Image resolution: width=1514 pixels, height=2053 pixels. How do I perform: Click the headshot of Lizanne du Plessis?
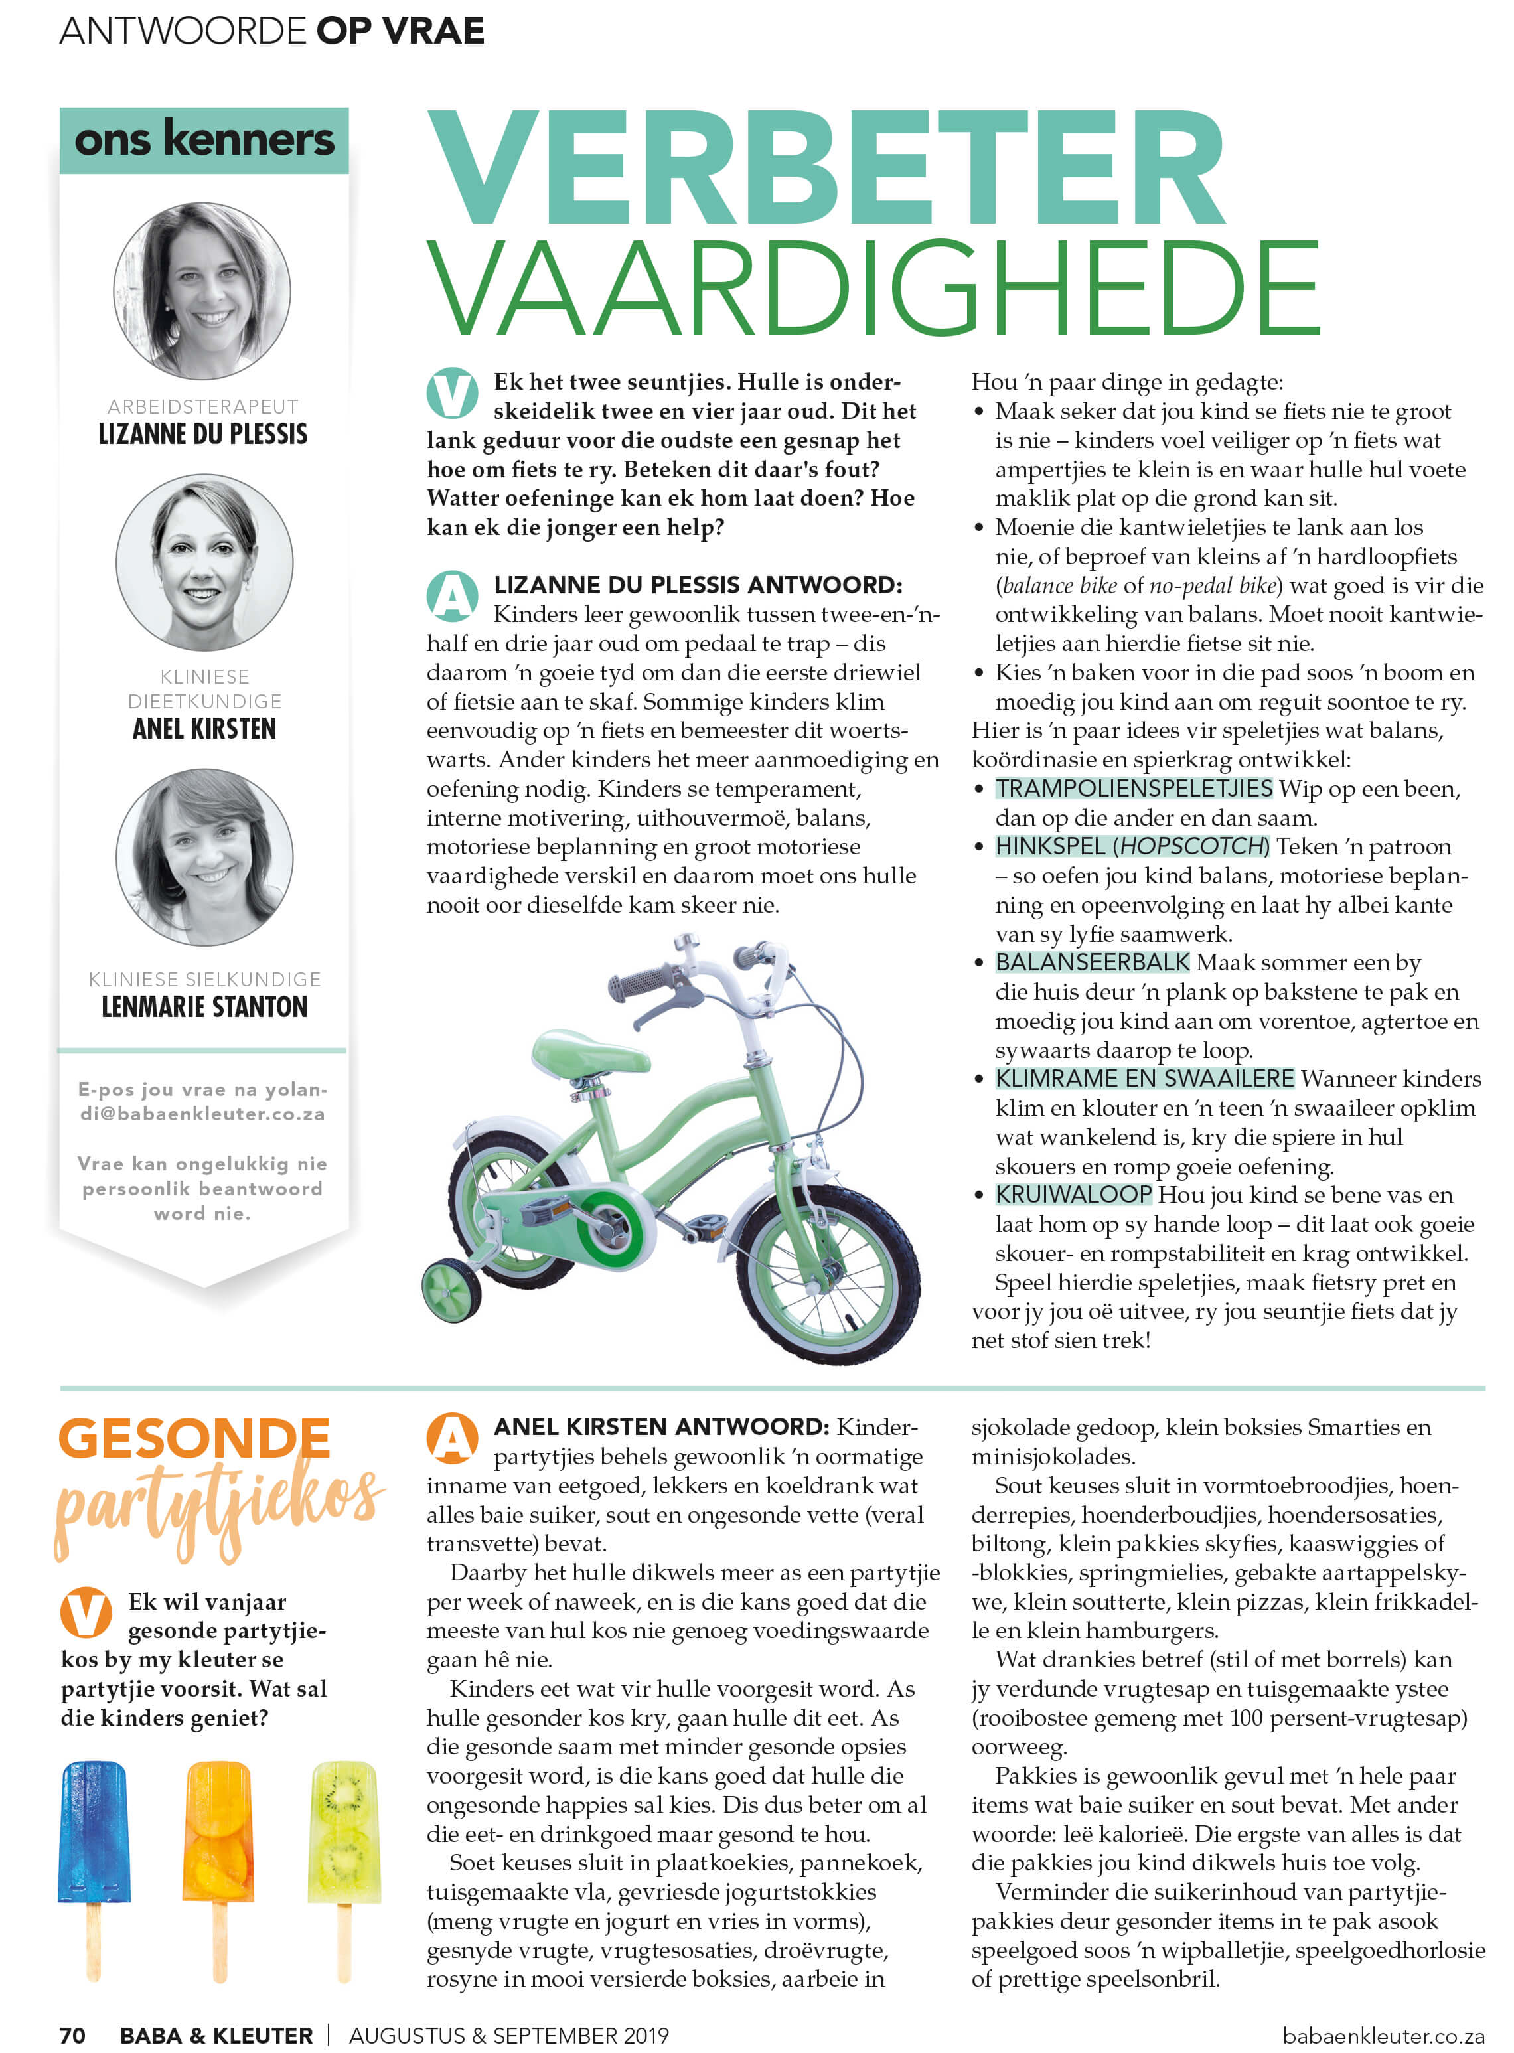(x=202, y=291)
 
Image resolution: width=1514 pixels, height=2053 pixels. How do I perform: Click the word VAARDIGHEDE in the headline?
(x=872, y=288)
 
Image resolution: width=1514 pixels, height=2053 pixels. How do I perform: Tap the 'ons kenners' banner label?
(x=204, y=140)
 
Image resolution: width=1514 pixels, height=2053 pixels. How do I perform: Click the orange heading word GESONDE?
(x=194, y=1439)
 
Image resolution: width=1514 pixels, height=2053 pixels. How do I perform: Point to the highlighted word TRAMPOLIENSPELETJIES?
(x=1134, y=788)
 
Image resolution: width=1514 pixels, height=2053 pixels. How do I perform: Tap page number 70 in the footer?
(x=72, y=2036)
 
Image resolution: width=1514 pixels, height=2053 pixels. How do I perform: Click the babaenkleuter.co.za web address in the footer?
(x=1383, y=2036)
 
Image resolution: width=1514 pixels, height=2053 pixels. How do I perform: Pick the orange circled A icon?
(x=452, y=1439)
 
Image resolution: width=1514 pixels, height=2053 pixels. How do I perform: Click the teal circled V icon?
(x=452, y=393)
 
